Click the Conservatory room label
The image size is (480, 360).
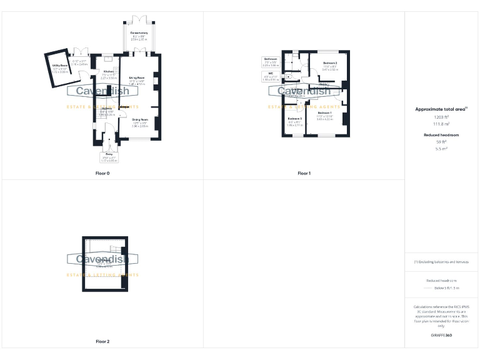(139, 32)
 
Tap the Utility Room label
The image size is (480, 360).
(60, 65)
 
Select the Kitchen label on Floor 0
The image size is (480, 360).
(109, 71)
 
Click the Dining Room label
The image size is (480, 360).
(140, 119)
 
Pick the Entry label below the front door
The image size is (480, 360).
(109, 154)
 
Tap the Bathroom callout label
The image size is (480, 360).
(271, 59)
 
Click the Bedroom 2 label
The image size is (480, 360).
(330, 64)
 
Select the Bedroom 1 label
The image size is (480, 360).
(324, 112)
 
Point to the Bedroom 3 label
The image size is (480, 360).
(294, 119)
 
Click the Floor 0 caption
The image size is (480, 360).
(102, 172)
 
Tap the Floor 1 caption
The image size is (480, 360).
(304, 172)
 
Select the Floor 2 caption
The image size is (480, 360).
(102, 341)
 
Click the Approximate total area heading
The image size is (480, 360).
(441, 109)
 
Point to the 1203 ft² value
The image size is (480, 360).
(441, 117)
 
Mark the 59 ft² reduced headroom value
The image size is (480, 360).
(441, 142)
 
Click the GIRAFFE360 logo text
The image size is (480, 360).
(441, 336)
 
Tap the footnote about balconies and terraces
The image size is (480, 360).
(441, 262)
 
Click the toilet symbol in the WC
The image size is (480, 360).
(287, 77)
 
